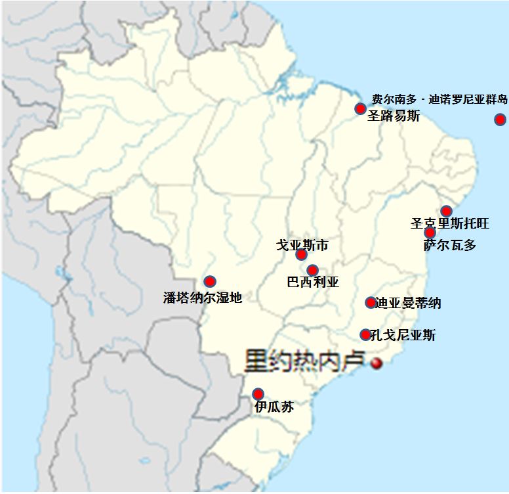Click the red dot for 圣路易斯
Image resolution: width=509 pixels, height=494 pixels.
pyautogui.click(x=360, y=108)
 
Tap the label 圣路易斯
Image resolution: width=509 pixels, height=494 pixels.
pyautogui.click(x=393, y=116)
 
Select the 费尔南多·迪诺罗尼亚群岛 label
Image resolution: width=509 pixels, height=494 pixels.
pyautogui.click(x=439, y=100)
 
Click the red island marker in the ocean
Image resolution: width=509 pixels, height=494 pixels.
pyautogui.click(x=500, y=119)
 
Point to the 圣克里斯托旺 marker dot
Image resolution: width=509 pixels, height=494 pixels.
pyautogui.click(x=446, y=211)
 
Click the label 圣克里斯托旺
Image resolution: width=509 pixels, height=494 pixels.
pyautogui.click(x=450, y=223)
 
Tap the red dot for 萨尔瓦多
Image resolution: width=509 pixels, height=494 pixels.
pyautogui.click(x=430, y=233)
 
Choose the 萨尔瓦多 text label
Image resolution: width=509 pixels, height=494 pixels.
pyautogui.click(x=450, y=245)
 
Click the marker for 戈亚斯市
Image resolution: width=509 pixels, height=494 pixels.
pyautogui.click(x=301, y=255)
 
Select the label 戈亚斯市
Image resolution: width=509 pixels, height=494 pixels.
pyautogui.click(x=302, y=245)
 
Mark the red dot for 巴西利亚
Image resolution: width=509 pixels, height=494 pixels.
pyautogui.click(x=312, y=270)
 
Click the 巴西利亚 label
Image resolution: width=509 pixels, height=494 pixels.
pyautogui.click(x=313, y=282)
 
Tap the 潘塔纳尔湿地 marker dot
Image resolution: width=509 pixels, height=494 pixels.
pyautogui.click(x=210, y=281)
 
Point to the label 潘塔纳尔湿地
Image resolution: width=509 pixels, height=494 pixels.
pyautogui.click(x=203, y=298)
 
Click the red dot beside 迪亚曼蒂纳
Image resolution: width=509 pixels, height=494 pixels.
pyautogui.click(x=371, y=302)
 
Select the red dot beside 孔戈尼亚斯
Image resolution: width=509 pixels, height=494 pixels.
pyautogui.click(x=365, y=334)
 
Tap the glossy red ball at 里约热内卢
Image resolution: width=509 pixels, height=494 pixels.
pyautogui.click(x=377, y=363)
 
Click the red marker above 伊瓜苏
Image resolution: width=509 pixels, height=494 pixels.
pyautogui.click(x=258, y=394)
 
